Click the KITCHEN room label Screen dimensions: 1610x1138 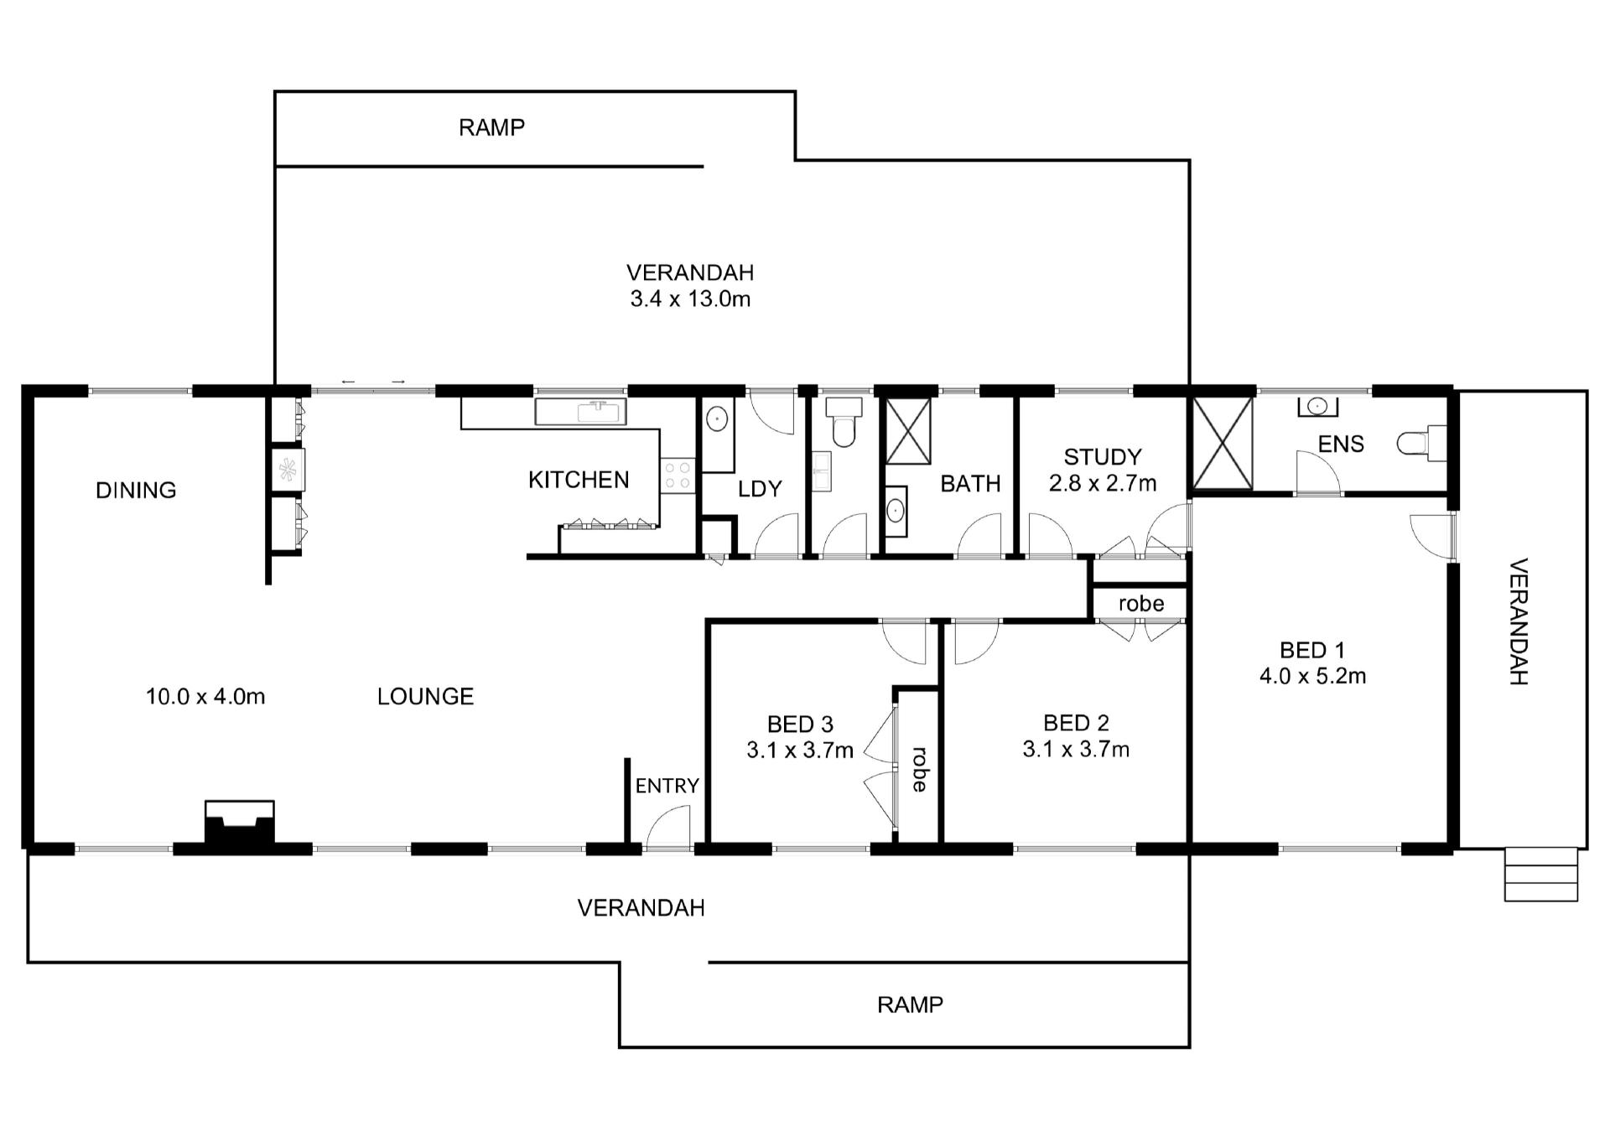tap(579, 480)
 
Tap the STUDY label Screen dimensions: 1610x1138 tap(1103, 457)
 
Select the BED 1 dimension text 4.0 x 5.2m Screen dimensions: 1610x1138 tap(1312, 676)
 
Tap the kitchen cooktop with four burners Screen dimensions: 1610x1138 tap(678, 475)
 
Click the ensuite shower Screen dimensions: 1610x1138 tap(1223, 443)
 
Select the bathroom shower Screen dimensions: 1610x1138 tap(909, 431)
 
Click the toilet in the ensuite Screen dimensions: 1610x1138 tap(1422, 443)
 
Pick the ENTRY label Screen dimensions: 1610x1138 tap(667, 786)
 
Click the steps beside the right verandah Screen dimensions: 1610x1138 tap(1541, 875)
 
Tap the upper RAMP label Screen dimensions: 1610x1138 tap(491, 127)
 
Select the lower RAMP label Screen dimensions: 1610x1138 tap(910, 1005)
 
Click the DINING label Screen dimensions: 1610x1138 tap(136, 491)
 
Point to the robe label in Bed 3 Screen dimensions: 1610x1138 tap(919, 769)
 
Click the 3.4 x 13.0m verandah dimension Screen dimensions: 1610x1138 tap(690, 299)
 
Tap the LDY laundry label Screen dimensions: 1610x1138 tap(760, 489)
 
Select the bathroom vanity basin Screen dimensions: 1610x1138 tap(896, 510)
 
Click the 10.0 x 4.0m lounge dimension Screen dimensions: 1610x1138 tap(205, 697)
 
